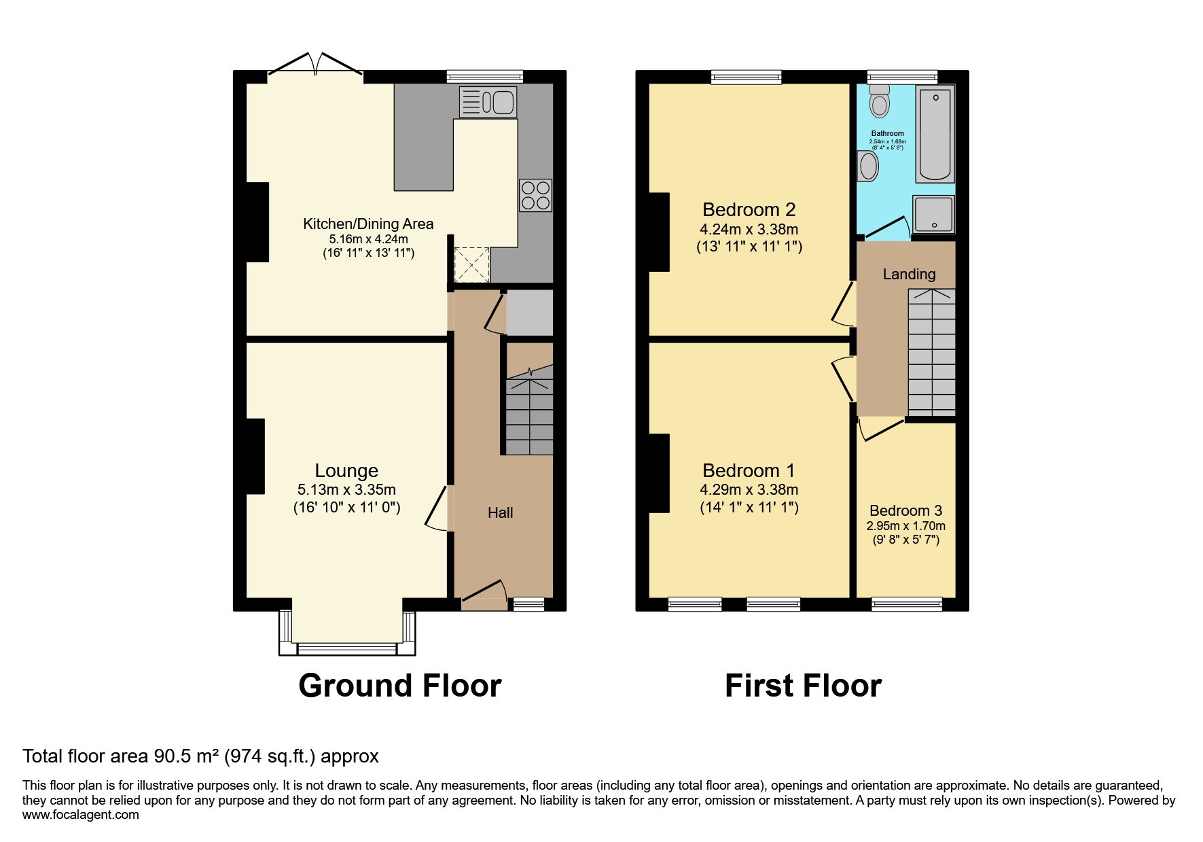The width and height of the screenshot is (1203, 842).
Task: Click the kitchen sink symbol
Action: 488,102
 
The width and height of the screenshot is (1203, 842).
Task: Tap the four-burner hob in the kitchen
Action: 535,196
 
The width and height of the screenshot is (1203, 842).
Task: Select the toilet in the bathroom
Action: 880,101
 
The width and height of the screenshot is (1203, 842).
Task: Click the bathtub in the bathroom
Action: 935,134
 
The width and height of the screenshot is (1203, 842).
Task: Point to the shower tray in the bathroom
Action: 934,214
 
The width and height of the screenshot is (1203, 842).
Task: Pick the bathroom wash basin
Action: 868,166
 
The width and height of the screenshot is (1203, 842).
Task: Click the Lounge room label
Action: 346,470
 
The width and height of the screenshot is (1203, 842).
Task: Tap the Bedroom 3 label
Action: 905,510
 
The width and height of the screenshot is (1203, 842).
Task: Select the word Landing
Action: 909,274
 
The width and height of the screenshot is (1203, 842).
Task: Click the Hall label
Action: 500,512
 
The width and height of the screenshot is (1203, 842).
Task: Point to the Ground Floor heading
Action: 400,686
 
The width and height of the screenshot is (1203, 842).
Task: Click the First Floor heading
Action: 803,686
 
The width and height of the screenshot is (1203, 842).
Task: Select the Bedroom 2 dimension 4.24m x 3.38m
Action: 749,229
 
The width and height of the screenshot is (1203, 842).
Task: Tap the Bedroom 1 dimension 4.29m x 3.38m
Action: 749,489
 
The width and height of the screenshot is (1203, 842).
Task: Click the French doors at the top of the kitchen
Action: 315,65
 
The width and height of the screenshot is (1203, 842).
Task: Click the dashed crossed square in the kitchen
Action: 471,264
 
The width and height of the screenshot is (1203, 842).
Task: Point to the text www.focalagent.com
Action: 80,815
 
